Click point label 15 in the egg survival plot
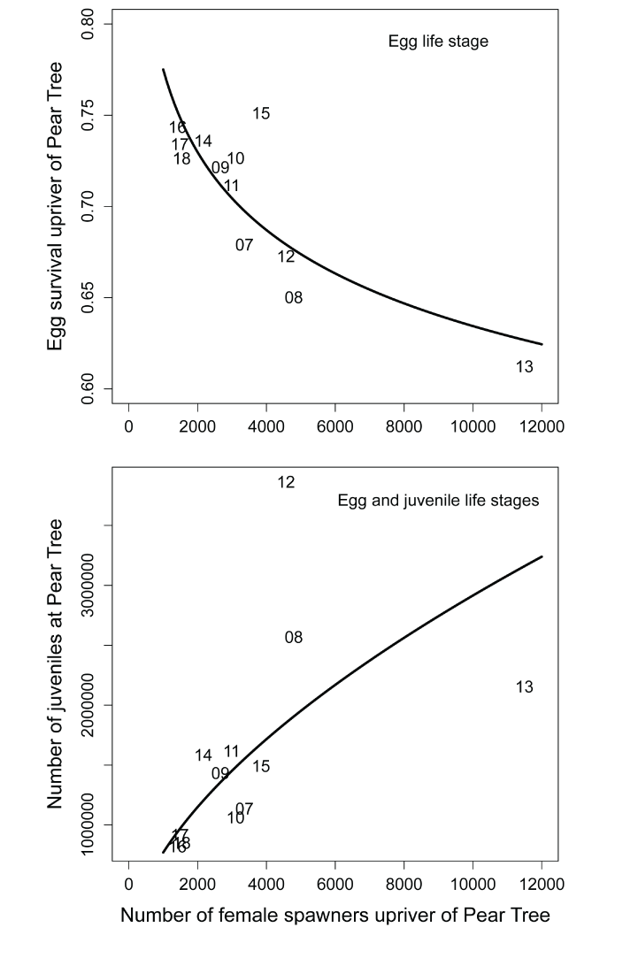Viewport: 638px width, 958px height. coord(261,114)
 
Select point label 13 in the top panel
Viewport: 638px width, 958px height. coord(524,367)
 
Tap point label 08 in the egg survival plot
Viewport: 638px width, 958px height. coord(294,298)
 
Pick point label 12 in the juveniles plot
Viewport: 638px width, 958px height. coord(286,483)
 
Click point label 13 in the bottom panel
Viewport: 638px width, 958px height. coord(524,687)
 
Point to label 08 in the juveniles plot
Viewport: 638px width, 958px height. coord(294,638)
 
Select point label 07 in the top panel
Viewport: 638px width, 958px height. coord(244,245)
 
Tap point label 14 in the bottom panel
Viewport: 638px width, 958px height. coord(204,756)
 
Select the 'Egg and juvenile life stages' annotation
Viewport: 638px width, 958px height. coord(439,501)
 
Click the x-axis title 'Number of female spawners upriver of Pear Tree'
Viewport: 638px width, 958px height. coord(335,916)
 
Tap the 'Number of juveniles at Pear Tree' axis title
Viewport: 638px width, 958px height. coord(56,663)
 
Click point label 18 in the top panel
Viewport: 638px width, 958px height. coord(182,159)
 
